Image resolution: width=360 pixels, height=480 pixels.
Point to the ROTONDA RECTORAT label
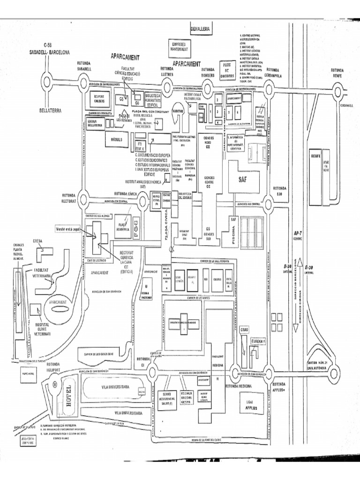68,197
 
